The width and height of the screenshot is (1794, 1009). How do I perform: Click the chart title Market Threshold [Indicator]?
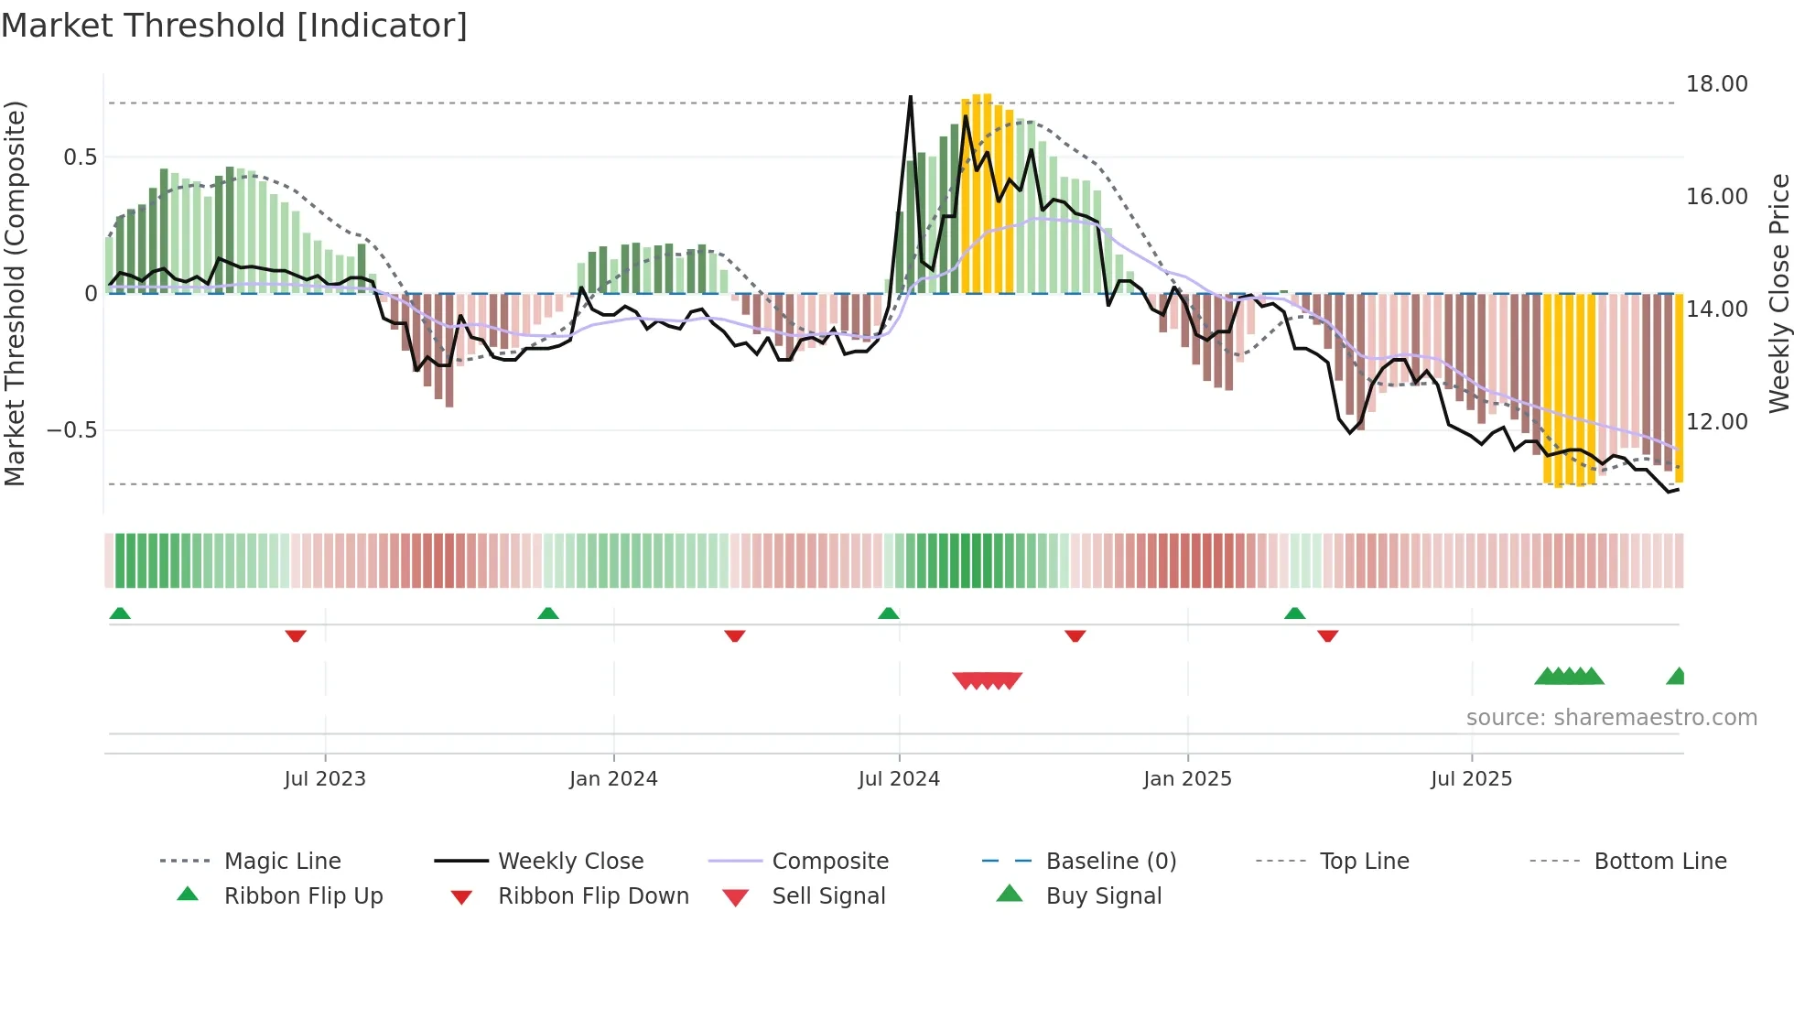pos(234,26)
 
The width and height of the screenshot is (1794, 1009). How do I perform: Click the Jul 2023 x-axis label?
pos(324,779)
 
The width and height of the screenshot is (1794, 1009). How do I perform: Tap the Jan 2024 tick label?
pos(613,779)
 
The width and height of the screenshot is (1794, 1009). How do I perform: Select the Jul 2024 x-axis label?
pos(899,779)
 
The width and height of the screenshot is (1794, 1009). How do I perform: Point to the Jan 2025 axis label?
pos(1187,779)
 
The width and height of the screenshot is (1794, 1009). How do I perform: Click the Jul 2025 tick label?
pos(1471,779)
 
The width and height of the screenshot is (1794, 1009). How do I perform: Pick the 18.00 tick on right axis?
pos(1716,84)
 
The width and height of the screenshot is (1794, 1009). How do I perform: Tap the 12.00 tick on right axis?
pos(1716,422)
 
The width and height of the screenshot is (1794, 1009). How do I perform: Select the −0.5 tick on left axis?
pos(71,430)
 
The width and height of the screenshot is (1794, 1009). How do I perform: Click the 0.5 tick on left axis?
pos(80,157)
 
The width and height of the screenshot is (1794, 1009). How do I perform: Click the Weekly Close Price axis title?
pos(1778,293)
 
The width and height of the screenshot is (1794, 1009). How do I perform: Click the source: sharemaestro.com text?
pos(1611,718)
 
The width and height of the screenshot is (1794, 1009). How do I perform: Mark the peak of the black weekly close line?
pos(910,96)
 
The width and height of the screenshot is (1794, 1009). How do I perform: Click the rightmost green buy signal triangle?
pos(1677,677)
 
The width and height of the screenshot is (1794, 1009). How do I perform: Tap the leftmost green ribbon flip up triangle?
pos(120,613)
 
